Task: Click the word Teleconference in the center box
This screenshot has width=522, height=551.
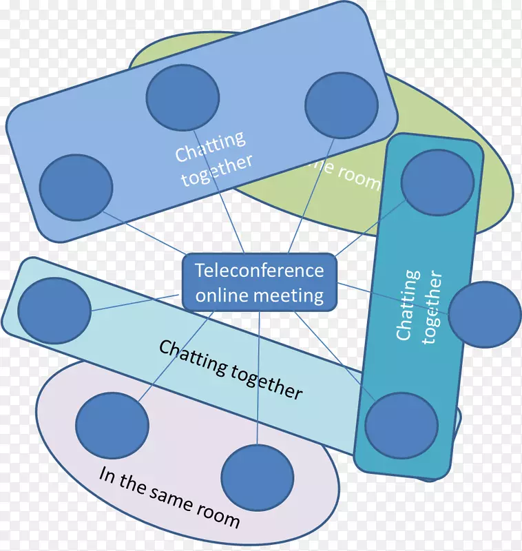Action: (x=259, y=270)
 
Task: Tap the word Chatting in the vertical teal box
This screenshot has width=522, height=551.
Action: (x=408, y=305)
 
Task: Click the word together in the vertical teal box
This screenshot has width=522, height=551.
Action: (x=432, y=308)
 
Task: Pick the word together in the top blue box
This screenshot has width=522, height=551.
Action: (x=216, y=170)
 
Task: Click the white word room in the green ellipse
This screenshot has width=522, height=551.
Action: (x=359, y=178)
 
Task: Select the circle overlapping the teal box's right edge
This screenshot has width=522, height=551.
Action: (x=485, y=315)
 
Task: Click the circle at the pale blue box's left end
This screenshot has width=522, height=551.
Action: (x=54, y=311)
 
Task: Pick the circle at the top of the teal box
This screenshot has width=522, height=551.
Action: (x=437, y=183)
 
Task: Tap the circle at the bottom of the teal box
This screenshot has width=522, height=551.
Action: (x=401, y=426)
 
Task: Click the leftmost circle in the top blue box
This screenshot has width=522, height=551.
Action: (x=76, y=187)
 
